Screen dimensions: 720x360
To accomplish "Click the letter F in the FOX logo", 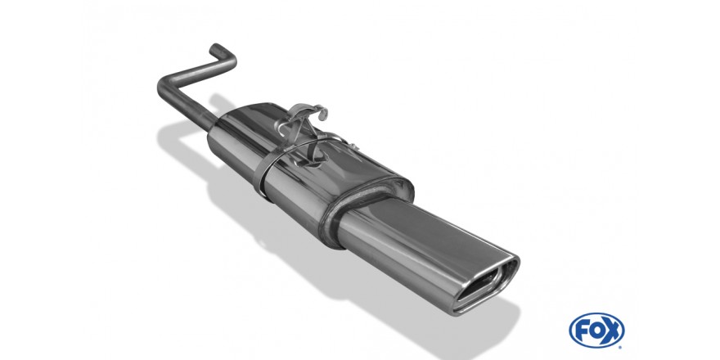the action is click(583, 331).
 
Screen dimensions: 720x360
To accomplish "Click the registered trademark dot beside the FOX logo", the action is click(621, 347).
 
